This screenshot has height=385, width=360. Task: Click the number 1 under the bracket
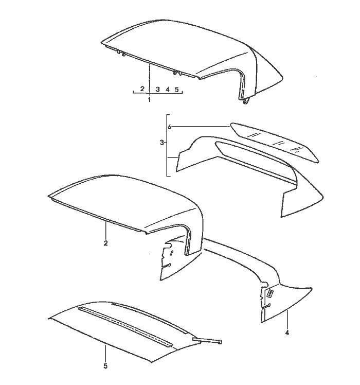149,100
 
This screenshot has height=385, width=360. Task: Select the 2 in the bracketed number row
142,89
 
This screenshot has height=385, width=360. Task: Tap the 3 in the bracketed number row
158,90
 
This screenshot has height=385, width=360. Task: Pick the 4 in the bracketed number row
168,90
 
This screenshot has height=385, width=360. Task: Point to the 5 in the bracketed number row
177,90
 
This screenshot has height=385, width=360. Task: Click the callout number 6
169,127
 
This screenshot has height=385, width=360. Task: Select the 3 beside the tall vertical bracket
161,143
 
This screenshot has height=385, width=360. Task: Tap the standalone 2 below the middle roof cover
106,243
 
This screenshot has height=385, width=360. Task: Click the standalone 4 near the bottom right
287,333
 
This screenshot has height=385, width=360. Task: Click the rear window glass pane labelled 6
274,142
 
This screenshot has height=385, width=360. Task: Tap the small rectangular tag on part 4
270,293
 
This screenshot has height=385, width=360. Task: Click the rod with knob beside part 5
208,340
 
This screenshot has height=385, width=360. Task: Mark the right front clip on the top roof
177,73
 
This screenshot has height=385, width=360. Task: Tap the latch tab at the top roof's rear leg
246,101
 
